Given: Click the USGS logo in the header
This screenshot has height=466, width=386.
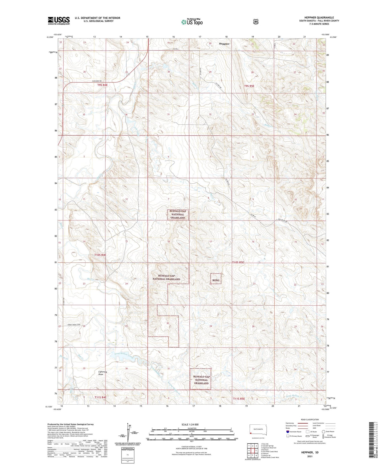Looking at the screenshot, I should pos(59,21).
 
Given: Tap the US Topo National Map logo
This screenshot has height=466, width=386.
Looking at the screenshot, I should pos(192,22).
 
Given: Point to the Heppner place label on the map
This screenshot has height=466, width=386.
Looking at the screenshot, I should pos(224,44).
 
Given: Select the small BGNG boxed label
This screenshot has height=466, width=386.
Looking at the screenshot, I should pos(216,280).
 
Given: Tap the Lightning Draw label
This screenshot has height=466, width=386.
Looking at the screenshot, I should pos(103,373).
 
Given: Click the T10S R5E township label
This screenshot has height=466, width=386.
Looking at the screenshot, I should pos(238,262).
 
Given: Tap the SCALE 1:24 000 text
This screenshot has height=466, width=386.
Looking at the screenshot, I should pos(190,424).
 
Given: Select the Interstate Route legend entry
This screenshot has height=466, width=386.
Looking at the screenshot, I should pos(294,432).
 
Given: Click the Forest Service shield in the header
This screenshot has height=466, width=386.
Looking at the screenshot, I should pos(255,22).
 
